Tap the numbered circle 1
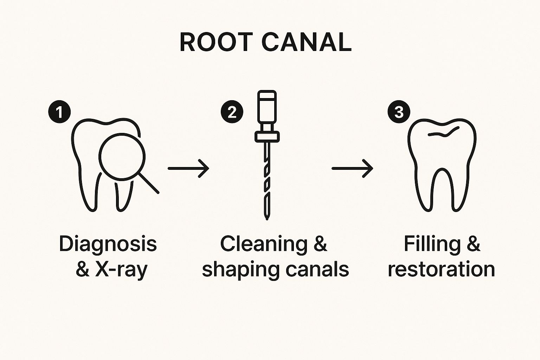(x=60, y=112)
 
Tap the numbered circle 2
(x=232, y=112)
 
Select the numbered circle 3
(x=398, y=112)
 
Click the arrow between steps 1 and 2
(x=188, y=168)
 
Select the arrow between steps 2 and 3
(x=352, y=168)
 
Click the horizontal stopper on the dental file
(x=267, y=136)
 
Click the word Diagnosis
(x=108, y=244)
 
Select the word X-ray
(x=121, y=270)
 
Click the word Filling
(x=432, y=244)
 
